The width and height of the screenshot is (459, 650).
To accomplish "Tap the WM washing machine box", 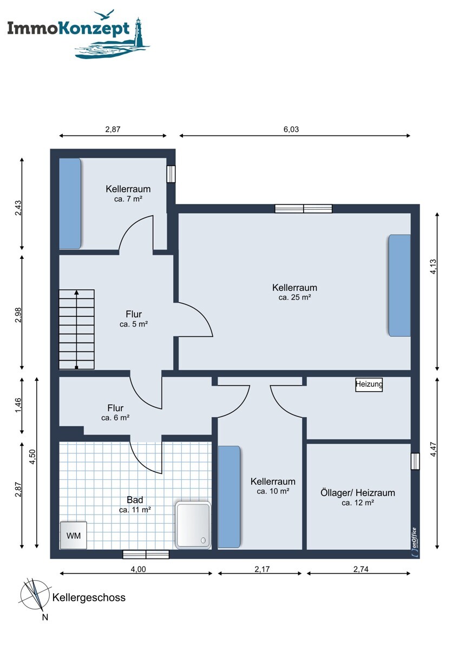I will click(x=73, y=535).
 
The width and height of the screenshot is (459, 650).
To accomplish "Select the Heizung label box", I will click(x=369, y=385).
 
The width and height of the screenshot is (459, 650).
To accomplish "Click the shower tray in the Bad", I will click(x=193, y=523).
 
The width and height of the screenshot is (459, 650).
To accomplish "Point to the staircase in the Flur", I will click(x=77, y=329).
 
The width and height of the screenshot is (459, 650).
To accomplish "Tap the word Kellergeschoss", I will click(x=89, y=597).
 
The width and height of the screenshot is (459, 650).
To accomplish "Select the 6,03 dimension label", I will click(x=291, y=129).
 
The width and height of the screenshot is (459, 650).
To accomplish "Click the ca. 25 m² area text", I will click(x=294, y=297).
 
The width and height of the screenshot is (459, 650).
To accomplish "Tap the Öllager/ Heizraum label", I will click(x=358, y=493).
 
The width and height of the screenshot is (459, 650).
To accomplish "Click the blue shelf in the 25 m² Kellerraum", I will click(x=399, y=285).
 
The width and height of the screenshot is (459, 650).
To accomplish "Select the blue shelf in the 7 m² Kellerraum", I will click(x=70, y=203).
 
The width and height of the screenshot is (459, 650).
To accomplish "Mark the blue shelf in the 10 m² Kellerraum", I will click(x=229, y=497).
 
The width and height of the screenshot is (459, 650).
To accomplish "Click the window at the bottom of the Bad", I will click(x=146, y=554).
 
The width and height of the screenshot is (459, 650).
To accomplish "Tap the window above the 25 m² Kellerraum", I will click(x=303, y=209).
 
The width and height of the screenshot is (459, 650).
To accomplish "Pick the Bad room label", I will click(x=135, y=500).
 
